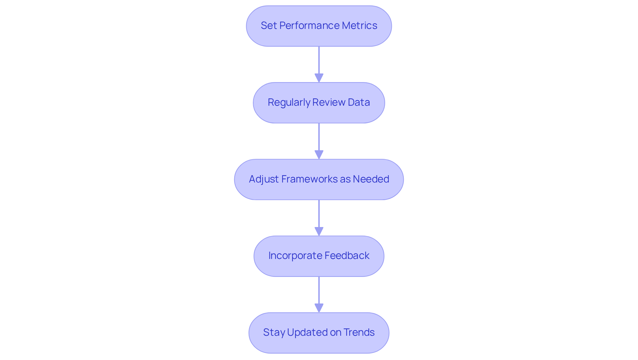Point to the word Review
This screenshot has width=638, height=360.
(x=329, y=102)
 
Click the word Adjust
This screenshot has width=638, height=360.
(x=264, y=179)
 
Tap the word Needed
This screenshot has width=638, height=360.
(x=371, y=179)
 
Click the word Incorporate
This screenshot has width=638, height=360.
(x=295, y=256)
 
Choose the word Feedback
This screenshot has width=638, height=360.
(x=347, y=256)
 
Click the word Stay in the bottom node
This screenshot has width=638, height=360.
(x=274, y=332)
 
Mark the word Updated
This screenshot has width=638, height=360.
(x=307, y=332)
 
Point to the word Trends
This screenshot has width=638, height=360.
(x=359, y=332)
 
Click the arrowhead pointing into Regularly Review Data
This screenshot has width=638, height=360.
(x=319, y=78)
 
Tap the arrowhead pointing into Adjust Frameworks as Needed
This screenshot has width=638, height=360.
(x=319, y=155)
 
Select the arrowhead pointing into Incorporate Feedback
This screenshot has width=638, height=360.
(x=319, y=232)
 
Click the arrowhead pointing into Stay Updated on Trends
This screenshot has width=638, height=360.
(x=319, y=308)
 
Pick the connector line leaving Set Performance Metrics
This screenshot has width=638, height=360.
(x=319, y=60)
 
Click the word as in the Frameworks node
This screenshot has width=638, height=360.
(x=345, y=179)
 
